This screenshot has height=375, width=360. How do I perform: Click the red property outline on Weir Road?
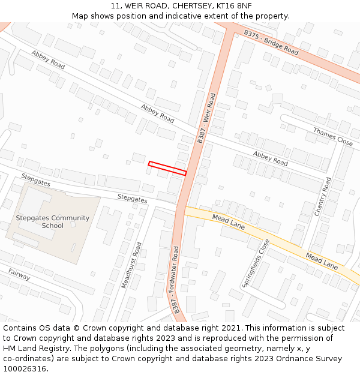pos(167,168)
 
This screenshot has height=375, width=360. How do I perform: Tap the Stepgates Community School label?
pos(52,222)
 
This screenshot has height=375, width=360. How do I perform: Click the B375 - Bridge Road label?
pos(271,43)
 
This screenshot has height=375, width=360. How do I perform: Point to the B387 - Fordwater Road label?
pos(176,280)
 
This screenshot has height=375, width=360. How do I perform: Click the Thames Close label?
pos(332,137)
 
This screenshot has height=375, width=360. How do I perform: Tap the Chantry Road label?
pos(323,196)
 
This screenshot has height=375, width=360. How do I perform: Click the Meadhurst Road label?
pos(132,265)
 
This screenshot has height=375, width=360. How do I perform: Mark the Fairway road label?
pos(19,274)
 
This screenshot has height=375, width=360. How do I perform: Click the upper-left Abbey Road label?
pos(48,59)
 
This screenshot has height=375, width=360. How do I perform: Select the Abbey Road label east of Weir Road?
pos(270,158)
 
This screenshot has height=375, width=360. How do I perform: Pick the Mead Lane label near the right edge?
pos(322,261)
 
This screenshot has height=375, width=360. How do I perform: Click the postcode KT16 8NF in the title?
pos(232,6)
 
